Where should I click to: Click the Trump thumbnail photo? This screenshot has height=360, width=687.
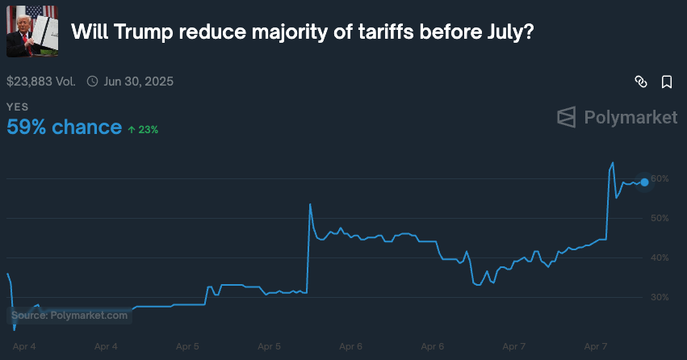[32, 31]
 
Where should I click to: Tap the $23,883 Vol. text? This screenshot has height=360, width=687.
[41, 82]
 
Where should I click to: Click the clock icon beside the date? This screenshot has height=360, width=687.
[92, 82]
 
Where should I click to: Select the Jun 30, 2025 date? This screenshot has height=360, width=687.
[139, 82]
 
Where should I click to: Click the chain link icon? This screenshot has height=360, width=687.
[641, 82]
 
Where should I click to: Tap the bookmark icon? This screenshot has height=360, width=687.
[667, 82]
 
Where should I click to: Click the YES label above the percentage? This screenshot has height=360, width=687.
[17, 107]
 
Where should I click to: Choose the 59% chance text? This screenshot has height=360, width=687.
[63, 128]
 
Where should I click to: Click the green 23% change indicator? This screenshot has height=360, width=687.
[143, 129]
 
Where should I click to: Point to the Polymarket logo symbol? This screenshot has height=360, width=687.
[567, 118]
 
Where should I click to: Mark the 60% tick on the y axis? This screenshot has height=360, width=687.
[660, 178]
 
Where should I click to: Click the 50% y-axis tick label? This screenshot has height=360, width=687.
[660, 218]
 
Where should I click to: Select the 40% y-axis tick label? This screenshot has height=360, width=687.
[660, 257]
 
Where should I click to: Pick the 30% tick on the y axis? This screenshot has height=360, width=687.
[660, 297]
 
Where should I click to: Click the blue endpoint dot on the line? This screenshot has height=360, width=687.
[644, 182]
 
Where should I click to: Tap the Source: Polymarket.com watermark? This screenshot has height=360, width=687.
[69, 316]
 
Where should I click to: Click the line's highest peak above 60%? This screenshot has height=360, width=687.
[613, 163]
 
